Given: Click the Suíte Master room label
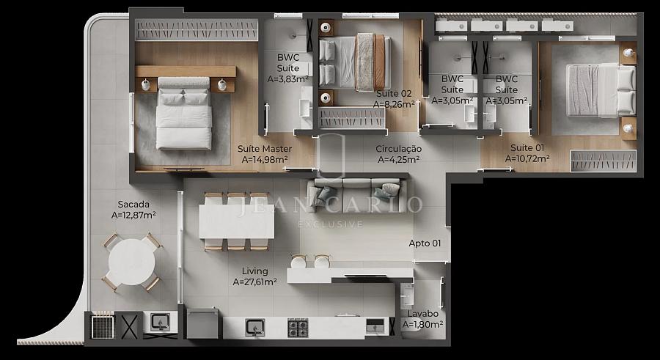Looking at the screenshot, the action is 265,149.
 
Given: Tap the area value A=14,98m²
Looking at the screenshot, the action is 265,160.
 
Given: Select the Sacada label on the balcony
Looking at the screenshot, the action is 133,205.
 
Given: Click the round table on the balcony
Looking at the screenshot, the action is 131,262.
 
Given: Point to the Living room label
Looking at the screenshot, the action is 254,271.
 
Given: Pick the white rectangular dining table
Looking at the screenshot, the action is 237,221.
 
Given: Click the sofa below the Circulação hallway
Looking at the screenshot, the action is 357,196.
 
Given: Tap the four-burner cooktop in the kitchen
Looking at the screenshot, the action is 298,328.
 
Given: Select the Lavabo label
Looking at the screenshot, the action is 422,314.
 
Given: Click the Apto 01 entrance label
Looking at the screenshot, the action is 425,243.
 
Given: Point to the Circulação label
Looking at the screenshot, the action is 399,149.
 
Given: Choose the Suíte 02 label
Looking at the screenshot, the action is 394,94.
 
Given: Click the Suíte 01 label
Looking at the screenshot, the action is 527,148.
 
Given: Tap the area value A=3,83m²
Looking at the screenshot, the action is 288,78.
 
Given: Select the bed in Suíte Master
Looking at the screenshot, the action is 184,113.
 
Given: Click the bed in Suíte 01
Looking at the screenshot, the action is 601,90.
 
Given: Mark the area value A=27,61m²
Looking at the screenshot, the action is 254,282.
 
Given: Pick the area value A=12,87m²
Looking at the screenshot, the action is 133,215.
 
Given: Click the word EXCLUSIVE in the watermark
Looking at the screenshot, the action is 331,224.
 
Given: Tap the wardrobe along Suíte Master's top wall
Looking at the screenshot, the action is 197,30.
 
